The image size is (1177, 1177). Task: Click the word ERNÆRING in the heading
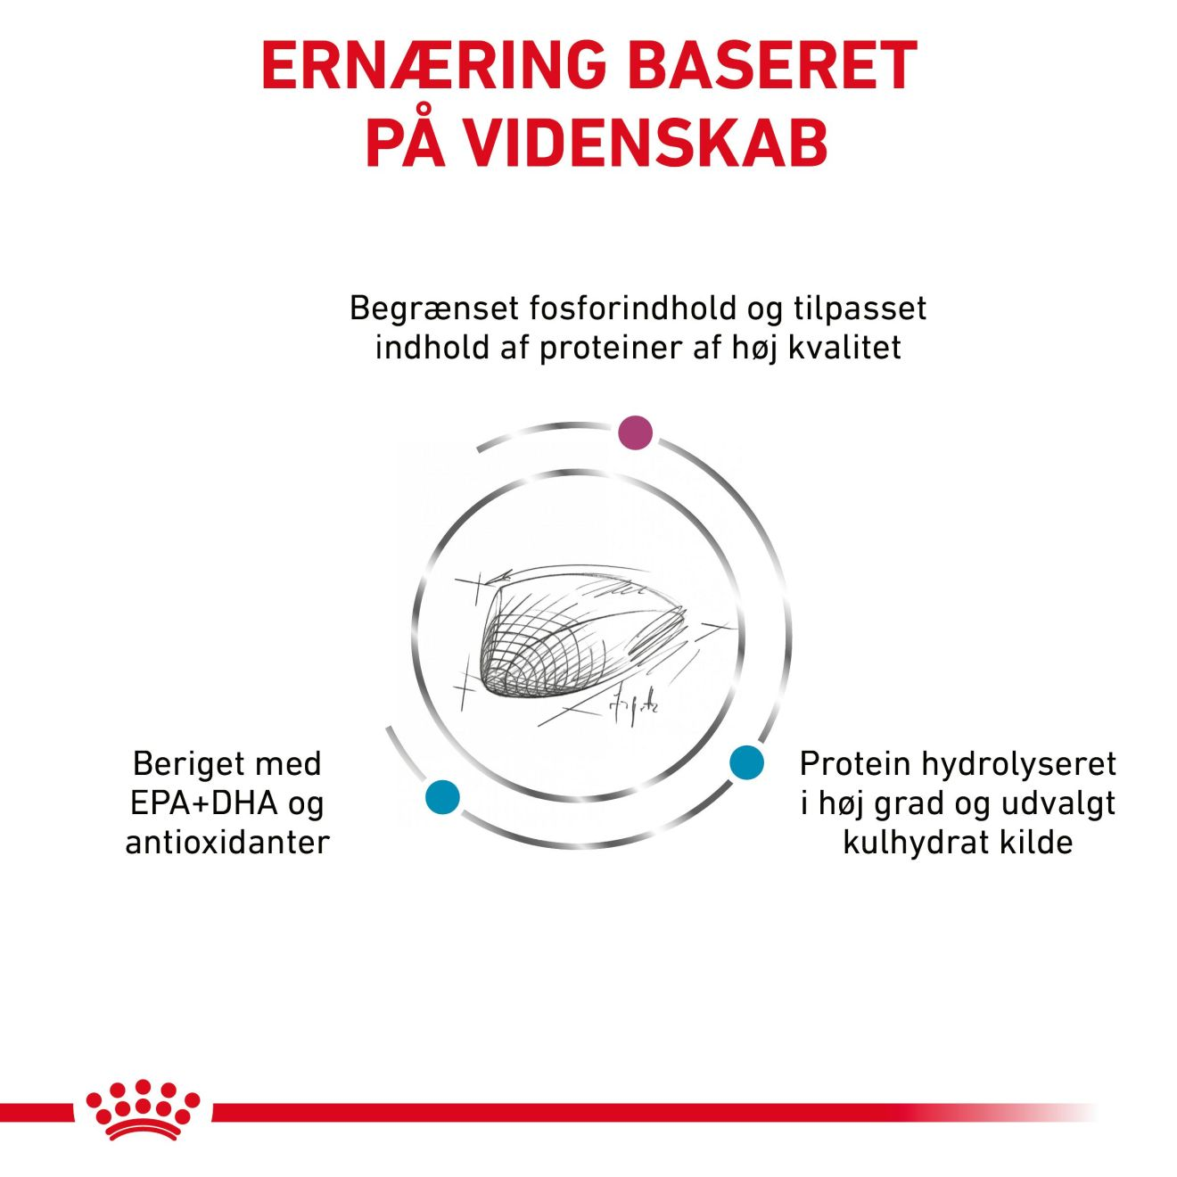[x=432, y=65]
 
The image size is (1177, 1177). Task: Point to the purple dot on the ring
[x=635, y=432]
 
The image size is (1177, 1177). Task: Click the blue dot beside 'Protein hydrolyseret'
[x=746, y=762]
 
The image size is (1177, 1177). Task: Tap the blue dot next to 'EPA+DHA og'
[x=442, y=796]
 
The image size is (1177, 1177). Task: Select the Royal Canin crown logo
[x=143, y=1110]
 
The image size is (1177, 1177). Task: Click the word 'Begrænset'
[x=434, y=309]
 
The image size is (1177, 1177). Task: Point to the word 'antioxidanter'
[x=227, y=843]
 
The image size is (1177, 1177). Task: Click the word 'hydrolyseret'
[x=1018, y=764]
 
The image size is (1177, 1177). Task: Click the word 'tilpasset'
[x=860, y=309]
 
